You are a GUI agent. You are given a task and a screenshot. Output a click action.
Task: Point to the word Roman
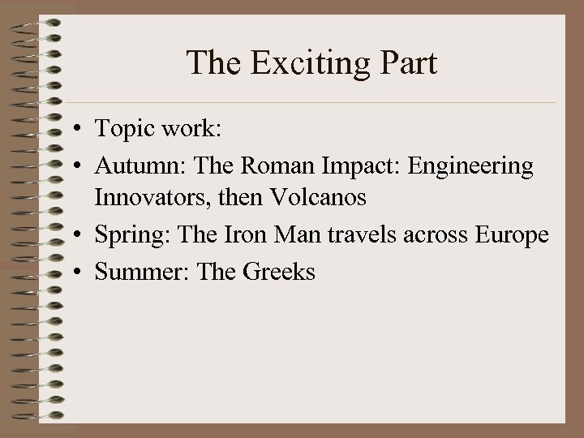pyautogui.click(x=269, y=165)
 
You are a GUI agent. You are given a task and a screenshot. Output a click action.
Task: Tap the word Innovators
pyautogui.click(x=148, y=196)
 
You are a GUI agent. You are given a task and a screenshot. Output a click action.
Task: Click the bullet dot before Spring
pyautogui.click(x=74, y=235)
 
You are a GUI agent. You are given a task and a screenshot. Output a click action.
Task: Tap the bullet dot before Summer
pyautogui.click(x=74, y=272)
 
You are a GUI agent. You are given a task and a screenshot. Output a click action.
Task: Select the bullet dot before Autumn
pyautogui.click(x=74, y=167)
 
